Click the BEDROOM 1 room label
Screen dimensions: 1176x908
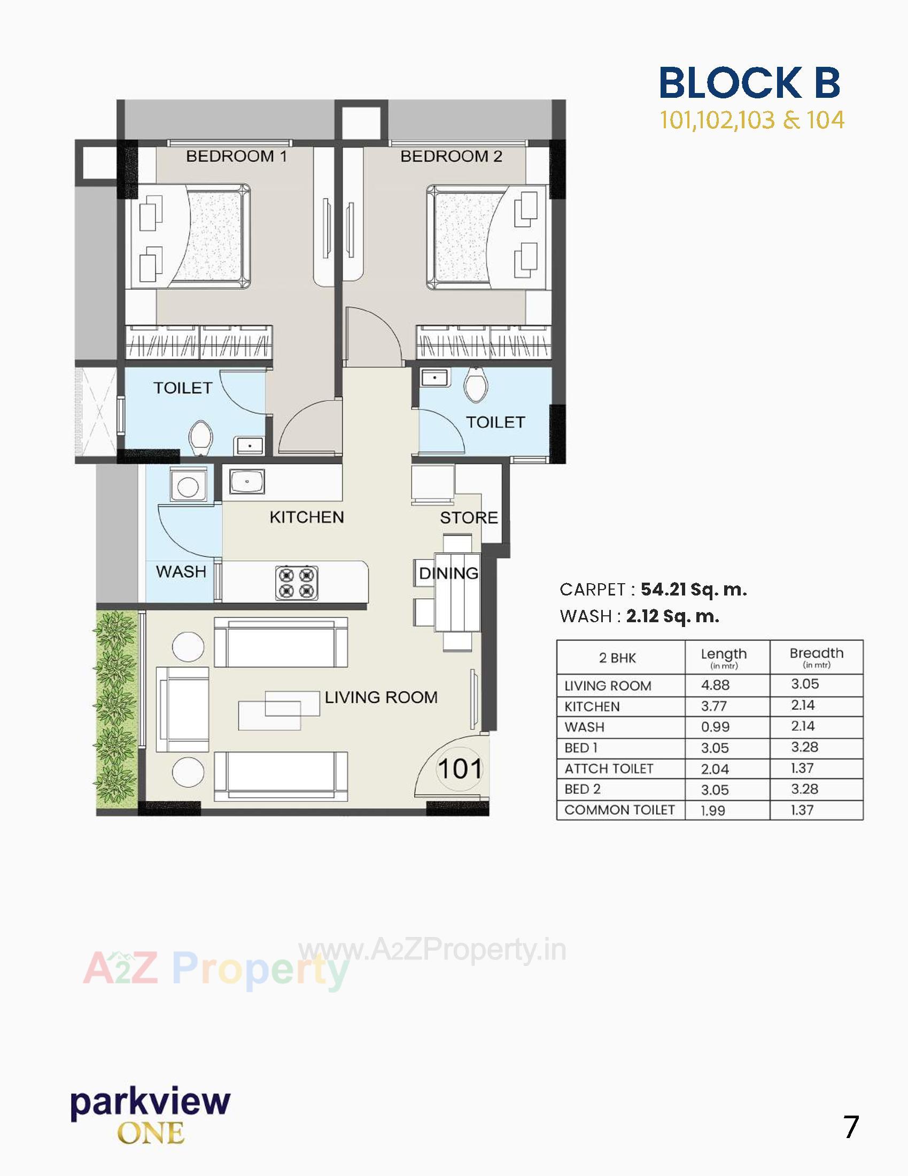click(236, 156)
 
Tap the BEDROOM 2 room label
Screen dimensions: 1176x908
click(451, 156)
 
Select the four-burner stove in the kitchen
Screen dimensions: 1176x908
click(296, 583)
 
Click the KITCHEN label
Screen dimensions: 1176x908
click(306, 517)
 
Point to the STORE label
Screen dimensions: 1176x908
click(468, 517)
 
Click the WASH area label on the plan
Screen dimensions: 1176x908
click(181, 571)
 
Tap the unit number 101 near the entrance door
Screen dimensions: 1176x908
click(459, 769)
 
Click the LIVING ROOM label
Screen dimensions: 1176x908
click(381, 697)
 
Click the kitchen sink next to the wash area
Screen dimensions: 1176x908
click(247, 481)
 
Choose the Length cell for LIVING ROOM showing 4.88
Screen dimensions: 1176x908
click(715, 685)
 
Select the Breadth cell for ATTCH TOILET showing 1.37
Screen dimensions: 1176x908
click(803, 768)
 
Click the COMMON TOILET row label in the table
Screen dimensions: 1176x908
click(619, 810)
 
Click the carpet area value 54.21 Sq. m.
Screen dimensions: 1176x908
click(693, 589)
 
